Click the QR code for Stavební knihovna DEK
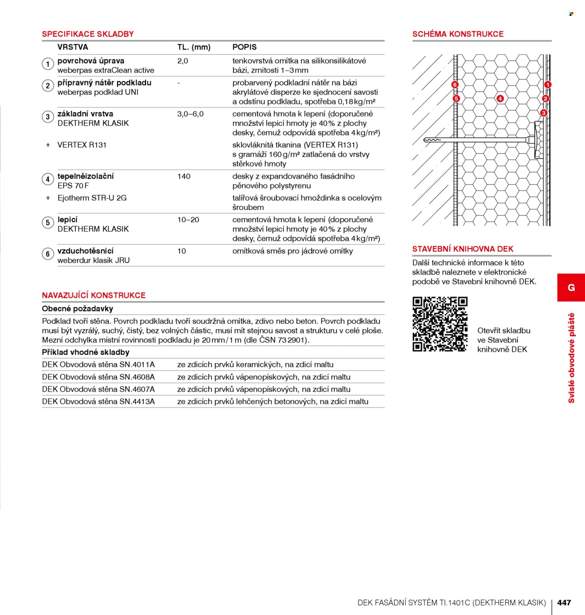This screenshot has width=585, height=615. [440, 324]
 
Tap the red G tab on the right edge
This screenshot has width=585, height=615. [571, 287]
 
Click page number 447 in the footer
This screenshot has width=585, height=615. [564, 602]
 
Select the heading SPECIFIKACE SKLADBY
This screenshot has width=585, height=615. [88, 34]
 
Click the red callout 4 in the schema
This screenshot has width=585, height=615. [500, 99]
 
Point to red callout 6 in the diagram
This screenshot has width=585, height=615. [454, 85]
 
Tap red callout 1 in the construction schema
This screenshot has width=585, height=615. [548, 85]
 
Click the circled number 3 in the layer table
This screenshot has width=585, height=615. [48, 117]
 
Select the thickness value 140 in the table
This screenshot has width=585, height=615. [183, 177]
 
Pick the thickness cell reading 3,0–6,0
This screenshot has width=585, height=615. [190, 114]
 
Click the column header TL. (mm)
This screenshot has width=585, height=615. [194, 47]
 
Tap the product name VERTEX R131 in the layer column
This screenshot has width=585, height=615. [82, 145]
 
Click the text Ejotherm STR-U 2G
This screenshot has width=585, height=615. [92, 198]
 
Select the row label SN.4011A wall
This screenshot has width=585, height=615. [98, 365]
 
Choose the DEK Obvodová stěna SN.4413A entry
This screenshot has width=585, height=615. [98, 401]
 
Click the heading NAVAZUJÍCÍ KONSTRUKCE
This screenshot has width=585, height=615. [94, 295]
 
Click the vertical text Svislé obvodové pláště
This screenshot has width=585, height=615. [571, 358]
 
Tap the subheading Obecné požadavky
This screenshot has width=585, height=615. [77, 309]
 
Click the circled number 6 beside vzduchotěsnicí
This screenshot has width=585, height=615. [48, 254]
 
